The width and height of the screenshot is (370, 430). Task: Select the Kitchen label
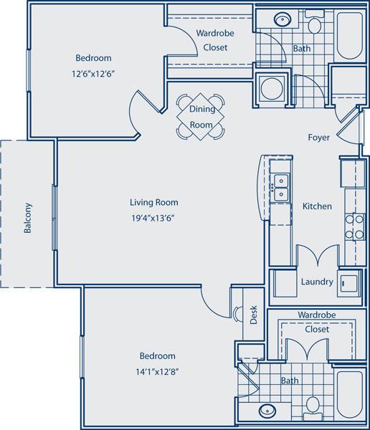(x=316, y=206)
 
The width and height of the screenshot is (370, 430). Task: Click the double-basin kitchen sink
(x=280, y=186)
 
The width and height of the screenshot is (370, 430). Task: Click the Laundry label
(x=316, y=282)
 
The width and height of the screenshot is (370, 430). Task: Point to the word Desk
(x=253, y=316)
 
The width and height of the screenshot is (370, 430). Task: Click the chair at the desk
(x=238, y=313)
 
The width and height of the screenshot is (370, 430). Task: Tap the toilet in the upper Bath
(x=313, y=26)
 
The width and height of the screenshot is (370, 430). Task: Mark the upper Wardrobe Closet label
(x=212, y=40)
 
